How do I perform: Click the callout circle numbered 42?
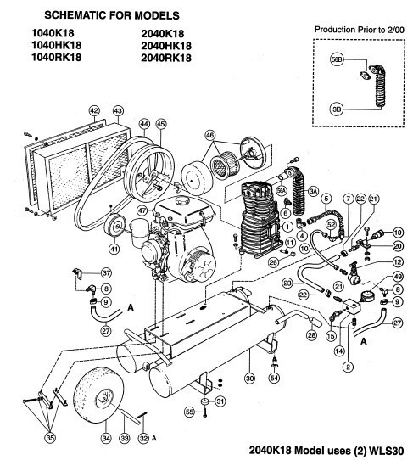click(x=94, y=110)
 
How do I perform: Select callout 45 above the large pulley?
click(x=161, y=124)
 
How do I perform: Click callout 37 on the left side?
click(x=106, y=272)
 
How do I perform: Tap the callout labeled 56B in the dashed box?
click(x=335, y=62)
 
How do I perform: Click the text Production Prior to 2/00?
click(x=359, y=29)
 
